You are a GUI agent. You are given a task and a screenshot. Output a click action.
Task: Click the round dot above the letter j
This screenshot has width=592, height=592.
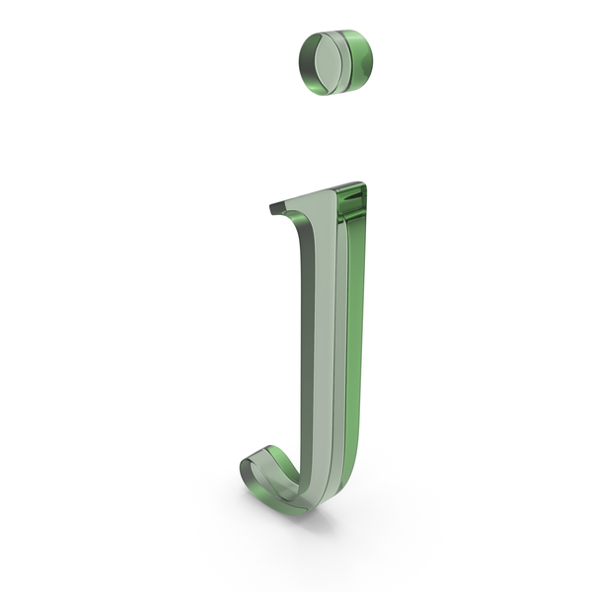point(335,62)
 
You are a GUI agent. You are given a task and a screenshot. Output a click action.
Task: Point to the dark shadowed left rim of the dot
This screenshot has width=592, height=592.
point(307,64)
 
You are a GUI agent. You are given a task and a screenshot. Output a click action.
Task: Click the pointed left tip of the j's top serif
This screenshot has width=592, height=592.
point(271,208)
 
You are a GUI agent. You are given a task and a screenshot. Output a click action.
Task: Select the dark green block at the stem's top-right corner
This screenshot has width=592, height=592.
point(352,201)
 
